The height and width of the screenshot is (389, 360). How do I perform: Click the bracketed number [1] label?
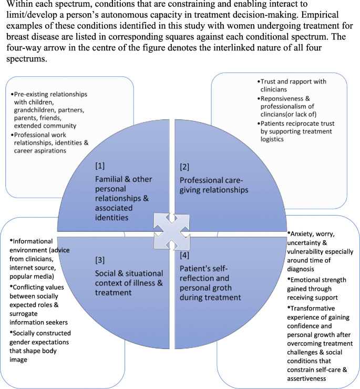[x=100, y=166]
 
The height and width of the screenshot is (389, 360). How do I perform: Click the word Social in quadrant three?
[x=107, y=273]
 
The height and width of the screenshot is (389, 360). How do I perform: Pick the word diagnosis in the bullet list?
[x=308, y=268]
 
